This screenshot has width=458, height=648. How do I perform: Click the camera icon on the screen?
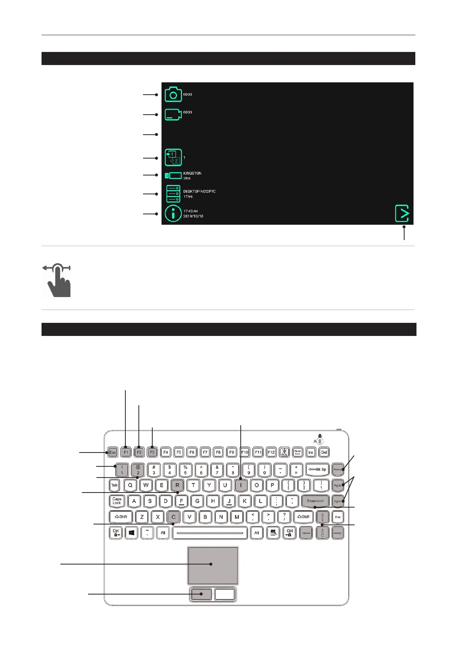coord(173,94)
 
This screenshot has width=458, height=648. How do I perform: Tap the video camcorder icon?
coord(173,115)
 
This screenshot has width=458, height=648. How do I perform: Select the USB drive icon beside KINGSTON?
coord(173,175)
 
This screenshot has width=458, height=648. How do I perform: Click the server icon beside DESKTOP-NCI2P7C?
coord(173,194)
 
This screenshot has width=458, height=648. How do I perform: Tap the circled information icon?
coord(173,213)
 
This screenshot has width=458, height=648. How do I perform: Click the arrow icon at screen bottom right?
coord(402,214)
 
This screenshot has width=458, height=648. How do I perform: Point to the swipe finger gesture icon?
coord(57,280)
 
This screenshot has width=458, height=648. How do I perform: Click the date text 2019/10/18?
coord(193,216)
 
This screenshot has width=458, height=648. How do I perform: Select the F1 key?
coord(126,452)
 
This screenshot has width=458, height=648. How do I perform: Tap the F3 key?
coord(152,452)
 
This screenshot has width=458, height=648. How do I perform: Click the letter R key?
coord(177,485)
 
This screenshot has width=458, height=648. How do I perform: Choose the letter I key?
coord(241,485)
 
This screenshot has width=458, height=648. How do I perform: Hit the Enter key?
coord(315,501)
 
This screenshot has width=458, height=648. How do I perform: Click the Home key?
coord(338,469)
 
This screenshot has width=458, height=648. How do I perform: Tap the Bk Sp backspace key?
coord(318,469)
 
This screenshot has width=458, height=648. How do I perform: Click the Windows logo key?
coord(132,533)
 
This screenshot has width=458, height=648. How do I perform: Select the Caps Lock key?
coord(117,501)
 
